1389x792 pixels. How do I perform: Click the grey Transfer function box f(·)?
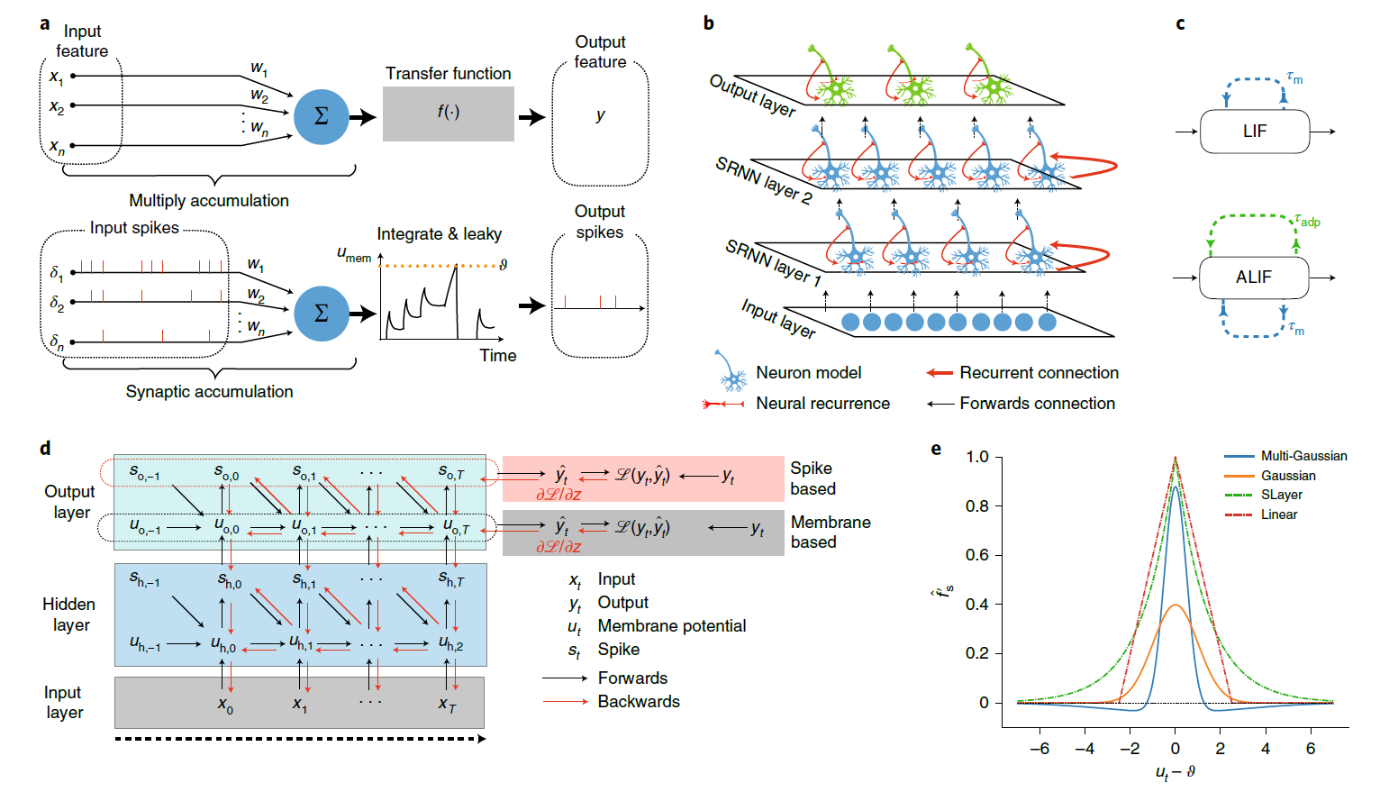(x=448, y=114)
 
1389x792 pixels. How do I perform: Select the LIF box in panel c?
(x=1254, y=132)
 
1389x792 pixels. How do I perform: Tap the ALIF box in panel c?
(x=1253, y=278)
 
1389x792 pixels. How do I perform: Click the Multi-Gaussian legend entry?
(x=1303, y=456)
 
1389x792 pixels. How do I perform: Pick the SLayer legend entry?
(x=1281, y=495)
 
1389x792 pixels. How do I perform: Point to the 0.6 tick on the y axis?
(x=976, y=555)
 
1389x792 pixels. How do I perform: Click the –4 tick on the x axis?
(x=1085, y=749)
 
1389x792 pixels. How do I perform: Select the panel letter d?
(x=45, y=449)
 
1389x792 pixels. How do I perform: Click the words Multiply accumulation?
(x=209, y=201)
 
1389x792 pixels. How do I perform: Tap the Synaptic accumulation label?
(x=209, y=392)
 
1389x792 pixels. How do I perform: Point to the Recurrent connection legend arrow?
(x=940, y=373)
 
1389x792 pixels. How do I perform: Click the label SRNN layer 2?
(x=764, y=179)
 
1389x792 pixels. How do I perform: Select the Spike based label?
(x=813, y=478)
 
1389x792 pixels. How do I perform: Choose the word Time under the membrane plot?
(x=497, y=356)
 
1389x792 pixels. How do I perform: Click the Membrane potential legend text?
(x=671, y=626)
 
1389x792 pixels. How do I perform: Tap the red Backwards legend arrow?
(x=565, y=702)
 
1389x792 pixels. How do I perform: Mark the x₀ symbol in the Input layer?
(x=225, y=705)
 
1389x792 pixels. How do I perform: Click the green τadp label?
(x=1307, y=220)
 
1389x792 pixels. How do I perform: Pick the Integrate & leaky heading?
(x=439, y=234)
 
